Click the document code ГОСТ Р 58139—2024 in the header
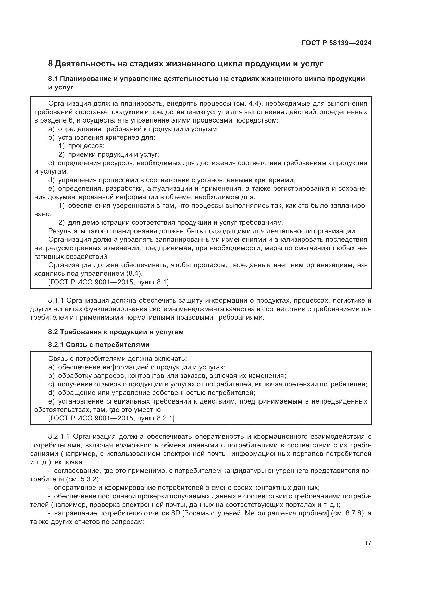tap(337, 43)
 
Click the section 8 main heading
tap(186, 64)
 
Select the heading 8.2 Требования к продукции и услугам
tap(116, 332)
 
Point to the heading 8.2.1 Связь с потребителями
tap(99, 345)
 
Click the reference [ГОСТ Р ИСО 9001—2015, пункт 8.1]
tap(108, 282)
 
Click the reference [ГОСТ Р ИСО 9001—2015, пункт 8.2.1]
tap(111, 418)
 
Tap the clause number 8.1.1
tap(56, 301)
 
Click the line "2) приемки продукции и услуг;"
tap(109, 155)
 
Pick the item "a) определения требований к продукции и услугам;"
tap(133, 129)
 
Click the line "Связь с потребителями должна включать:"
tap(117, 359)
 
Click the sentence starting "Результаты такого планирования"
tap(203, 231)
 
